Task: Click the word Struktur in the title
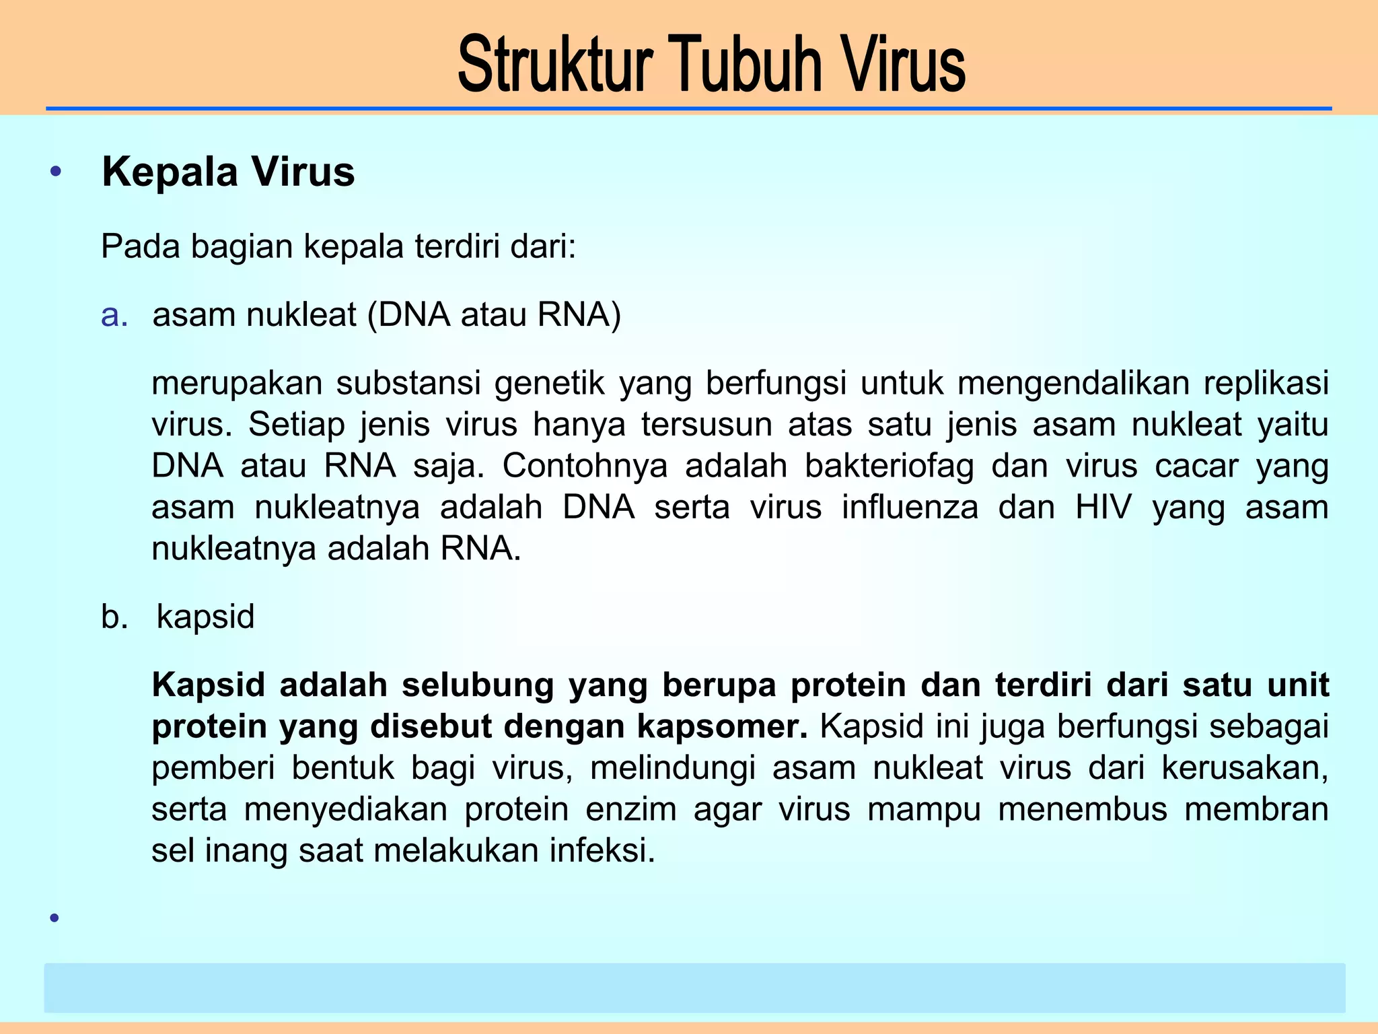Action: click(555, 65)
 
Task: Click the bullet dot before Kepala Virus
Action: click(56, 172)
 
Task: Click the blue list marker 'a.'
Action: click(114, 315)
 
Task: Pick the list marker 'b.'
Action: click(114, 617)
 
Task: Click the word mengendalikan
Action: click(1073, 384)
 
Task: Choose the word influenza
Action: click(910, 507)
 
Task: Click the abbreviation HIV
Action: click(1103, 507)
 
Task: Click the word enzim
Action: click(630, 809)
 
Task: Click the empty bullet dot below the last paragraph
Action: click(55, 918)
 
